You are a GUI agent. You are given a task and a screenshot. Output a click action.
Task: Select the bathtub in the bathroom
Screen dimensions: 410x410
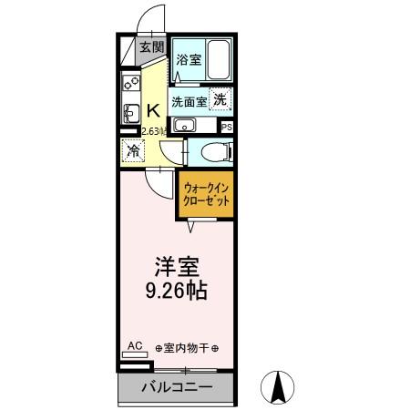coord(218,60)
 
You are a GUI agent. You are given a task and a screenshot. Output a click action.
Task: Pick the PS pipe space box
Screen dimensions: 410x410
coord(226,127)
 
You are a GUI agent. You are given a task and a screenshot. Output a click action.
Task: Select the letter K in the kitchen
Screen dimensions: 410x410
coord(154,112)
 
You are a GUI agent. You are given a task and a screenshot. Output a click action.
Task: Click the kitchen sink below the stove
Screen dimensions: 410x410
coord(128,112)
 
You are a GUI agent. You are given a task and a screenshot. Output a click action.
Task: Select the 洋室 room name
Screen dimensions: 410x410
coord(175,268)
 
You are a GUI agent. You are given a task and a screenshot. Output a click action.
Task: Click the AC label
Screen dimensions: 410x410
coord(134,346)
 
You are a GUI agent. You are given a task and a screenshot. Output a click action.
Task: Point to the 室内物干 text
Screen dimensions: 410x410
coord(186,349)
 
